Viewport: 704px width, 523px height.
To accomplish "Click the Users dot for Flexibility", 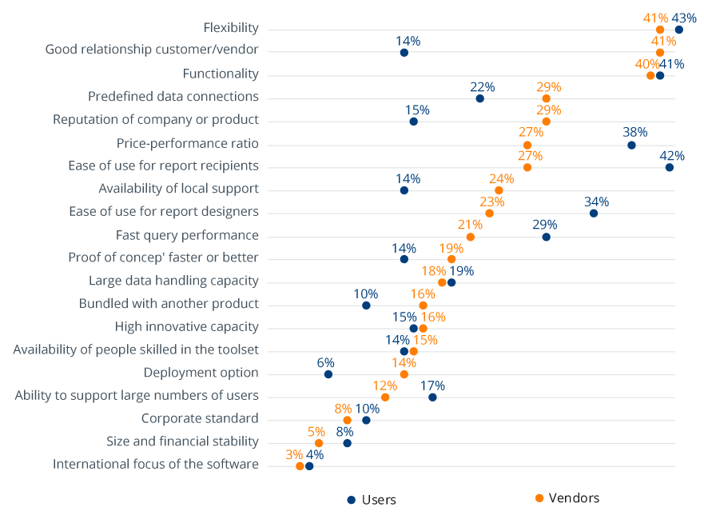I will [678, 30].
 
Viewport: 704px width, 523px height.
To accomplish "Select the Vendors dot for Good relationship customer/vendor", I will [660, 53].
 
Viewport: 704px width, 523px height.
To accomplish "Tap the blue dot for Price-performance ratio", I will [631, 145].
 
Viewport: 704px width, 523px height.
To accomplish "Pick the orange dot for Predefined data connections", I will [546, 98].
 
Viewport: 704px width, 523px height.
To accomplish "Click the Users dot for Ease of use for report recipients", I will [669, 167].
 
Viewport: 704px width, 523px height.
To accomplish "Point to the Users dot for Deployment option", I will [328, 374].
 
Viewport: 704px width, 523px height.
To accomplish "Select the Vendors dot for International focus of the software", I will [300, 466].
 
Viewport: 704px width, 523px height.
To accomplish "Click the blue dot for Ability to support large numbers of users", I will [432, 397].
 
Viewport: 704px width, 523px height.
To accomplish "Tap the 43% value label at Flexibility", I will [684, 18].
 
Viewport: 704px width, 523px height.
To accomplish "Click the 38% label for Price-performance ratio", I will [635, 132].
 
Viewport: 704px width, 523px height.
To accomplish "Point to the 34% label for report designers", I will [597, 202].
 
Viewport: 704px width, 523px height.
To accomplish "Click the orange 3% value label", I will [294, 454].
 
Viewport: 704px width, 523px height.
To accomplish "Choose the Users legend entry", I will [372, 500].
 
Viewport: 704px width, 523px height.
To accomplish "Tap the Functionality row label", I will [221, 74].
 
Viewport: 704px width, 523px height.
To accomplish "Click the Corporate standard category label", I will [200, 418].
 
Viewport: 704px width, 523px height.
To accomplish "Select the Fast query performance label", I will [187, 235].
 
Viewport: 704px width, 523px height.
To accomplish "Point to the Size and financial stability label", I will [182, 441].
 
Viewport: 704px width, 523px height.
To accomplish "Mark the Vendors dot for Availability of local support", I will [499, 190].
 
